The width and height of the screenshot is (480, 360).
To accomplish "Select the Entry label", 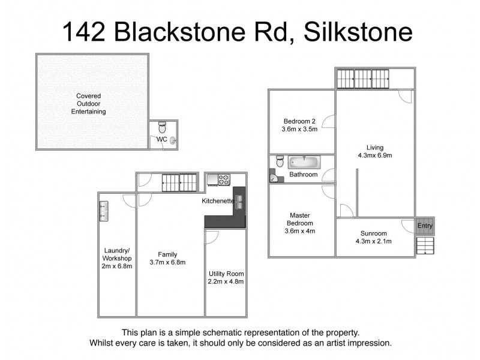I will coord(425,226).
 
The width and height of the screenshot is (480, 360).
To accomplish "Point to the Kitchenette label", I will coord(217,201).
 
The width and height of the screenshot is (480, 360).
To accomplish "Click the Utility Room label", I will coord(226,274).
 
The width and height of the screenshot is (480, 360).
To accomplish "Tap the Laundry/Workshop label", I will coord(117,254).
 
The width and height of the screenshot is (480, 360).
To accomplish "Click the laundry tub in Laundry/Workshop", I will coord(104,210).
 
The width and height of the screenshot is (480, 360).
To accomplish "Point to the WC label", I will coord(161,139).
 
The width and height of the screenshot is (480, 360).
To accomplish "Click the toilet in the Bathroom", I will coord(280,162).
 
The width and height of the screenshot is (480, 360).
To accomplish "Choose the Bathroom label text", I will coord(303,175).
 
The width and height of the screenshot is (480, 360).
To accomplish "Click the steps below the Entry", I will coord(424,246).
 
